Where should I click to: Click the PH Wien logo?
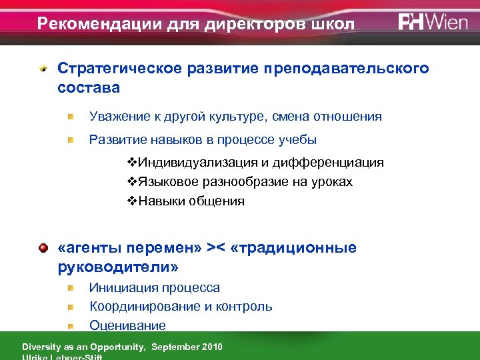[434, 22]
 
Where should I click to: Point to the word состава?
[89, 87]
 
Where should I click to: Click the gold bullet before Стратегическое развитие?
[43, 69]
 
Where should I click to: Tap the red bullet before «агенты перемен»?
[43, 248]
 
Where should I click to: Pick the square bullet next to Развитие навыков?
[71, 140]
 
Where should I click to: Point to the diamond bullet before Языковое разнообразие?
[131, 182]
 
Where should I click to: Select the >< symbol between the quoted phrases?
[215, 248]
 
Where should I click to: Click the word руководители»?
[118, 267]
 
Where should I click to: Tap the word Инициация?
[121, 288]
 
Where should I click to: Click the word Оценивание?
[127, 325]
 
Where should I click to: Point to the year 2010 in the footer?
[210, 347]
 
